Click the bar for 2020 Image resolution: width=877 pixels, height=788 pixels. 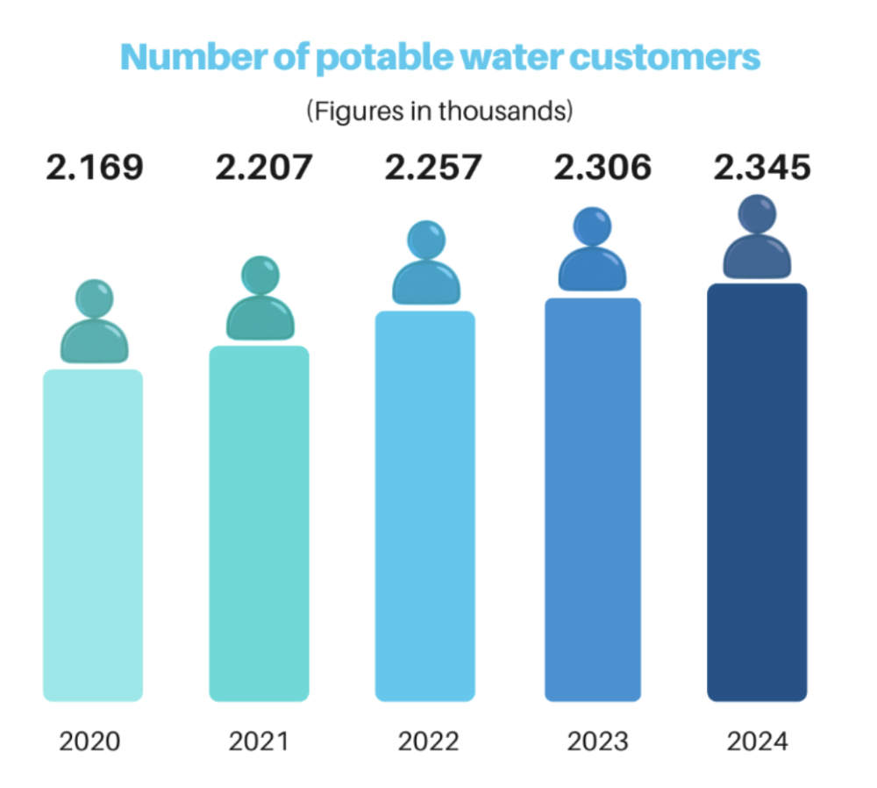tap(93, 535)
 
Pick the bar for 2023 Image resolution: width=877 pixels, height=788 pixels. tap(593, 499)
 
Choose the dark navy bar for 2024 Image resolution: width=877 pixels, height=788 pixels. tap(757, 492)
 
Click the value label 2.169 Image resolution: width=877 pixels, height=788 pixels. tap(94, 167)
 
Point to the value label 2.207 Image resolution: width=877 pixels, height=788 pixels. tap(263, 167)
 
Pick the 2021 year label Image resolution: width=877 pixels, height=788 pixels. tap(259, 741)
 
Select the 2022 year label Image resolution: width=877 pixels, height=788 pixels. tap(428, 741)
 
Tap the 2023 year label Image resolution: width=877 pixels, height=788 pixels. tap(597, 741)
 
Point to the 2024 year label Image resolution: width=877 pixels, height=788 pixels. tap(758, 741)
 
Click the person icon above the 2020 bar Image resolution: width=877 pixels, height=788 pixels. tap(94, 323)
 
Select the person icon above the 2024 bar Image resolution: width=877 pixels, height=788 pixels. tap(757, 237)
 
